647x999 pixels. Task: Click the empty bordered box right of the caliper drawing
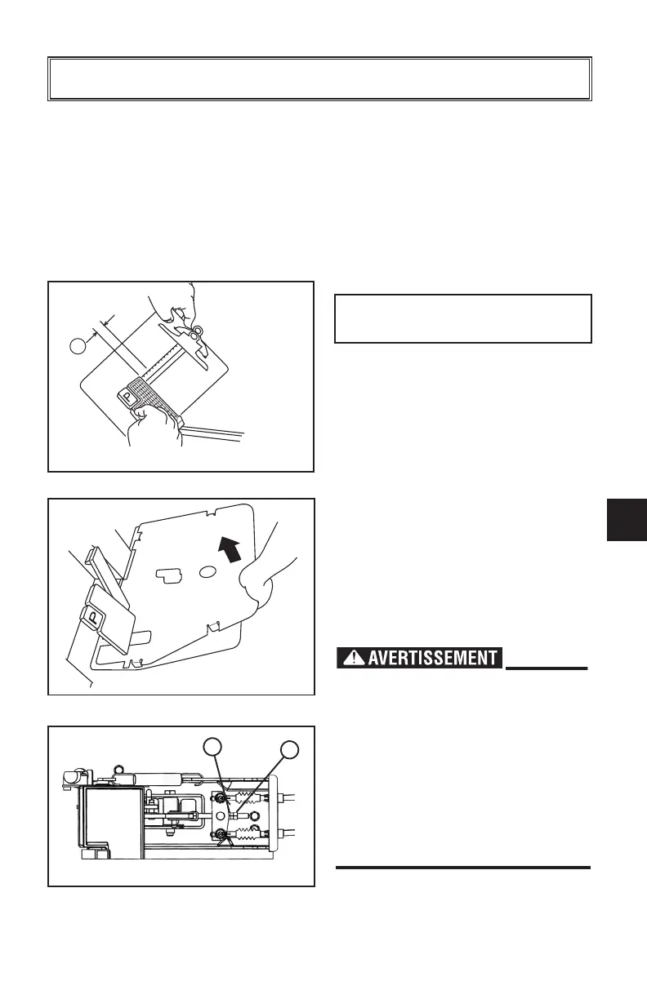pos(463,318)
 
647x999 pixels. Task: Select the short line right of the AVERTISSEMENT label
pos(547,668)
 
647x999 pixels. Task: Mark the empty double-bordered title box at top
pos(319,79)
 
